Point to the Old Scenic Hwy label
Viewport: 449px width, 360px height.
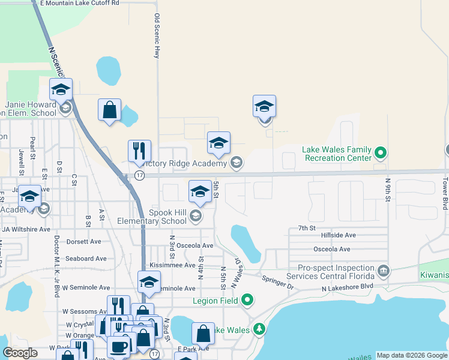(157, 36)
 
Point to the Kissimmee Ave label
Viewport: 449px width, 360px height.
(173, 265)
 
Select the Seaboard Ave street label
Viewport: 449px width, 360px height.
(86, 259)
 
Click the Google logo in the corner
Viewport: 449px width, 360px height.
(20, 353)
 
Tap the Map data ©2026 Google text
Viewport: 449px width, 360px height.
(412, 355)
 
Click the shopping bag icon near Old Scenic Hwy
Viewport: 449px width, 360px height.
(110, 110)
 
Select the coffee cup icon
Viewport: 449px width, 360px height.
(118, 346)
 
